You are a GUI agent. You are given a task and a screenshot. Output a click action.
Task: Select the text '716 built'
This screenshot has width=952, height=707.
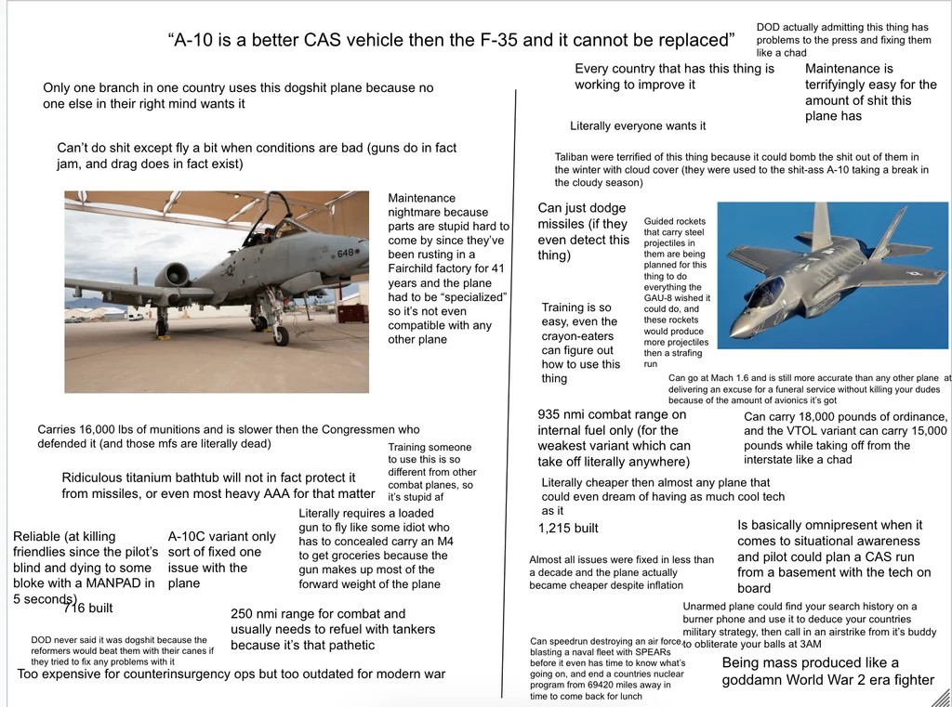coord(87,609)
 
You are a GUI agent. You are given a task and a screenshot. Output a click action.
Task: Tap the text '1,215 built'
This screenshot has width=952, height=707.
coord(568,529)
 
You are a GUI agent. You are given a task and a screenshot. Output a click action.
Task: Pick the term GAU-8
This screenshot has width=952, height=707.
coord(662,299)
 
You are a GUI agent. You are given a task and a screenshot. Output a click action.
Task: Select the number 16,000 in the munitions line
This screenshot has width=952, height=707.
coord(112,430)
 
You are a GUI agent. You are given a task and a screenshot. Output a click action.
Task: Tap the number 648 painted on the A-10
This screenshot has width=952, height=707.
coord(345,253)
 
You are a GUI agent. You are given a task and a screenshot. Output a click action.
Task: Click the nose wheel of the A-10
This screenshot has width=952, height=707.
coord(280,335)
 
